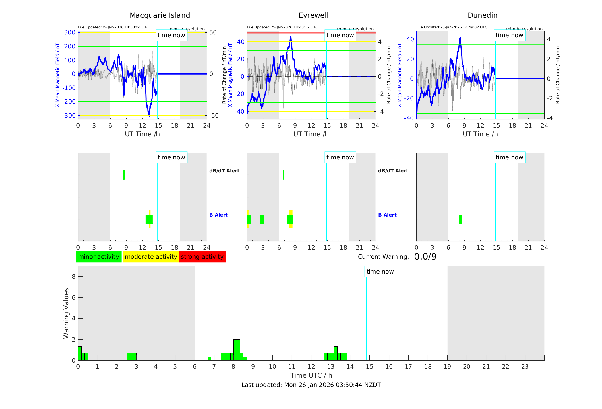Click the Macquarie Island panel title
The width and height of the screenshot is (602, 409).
tap(160, 15)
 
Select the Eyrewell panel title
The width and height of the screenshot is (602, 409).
tap(313, 15)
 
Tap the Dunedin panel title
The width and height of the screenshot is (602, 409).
tap(482, 15)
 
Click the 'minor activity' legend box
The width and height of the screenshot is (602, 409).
tap(99, 257)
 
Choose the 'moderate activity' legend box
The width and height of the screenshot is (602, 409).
tap(151, 257)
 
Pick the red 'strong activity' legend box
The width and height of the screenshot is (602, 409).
tap(202, 257)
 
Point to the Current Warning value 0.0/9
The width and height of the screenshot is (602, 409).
tap(425, 257)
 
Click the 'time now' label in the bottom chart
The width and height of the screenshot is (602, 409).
tap(380, 272)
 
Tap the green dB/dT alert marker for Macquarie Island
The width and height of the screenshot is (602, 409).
tap(124, 175)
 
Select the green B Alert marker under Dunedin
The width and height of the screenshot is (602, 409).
tap(460, 219)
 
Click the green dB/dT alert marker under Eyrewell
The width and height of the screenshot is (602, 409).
tap(284, 175)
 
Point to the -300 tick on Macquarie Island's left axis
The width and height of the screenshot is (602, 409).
tap(69, 116)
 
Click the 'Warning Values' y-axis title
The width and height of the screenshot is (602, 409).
tap(66, 313)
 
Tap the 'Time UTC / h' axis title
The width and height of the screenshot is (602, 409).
tap(311, 375)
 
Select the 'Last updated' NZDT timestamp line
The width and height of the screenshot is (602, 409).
tap(311, 385)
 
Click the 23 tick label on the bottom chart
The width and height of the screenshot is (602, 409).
tap(525, 367)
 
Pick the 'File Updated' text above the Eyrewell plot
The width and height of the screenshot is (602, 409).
tap(282, 27)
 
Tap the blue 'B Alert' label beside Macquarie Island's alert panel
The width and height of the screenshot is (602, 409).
tap(218, 215)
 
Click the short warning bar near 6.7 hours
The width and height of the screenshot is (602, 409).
tap(209, 358)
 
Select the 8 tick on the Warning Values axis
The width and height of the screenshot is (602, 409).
tap(73, 276)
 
